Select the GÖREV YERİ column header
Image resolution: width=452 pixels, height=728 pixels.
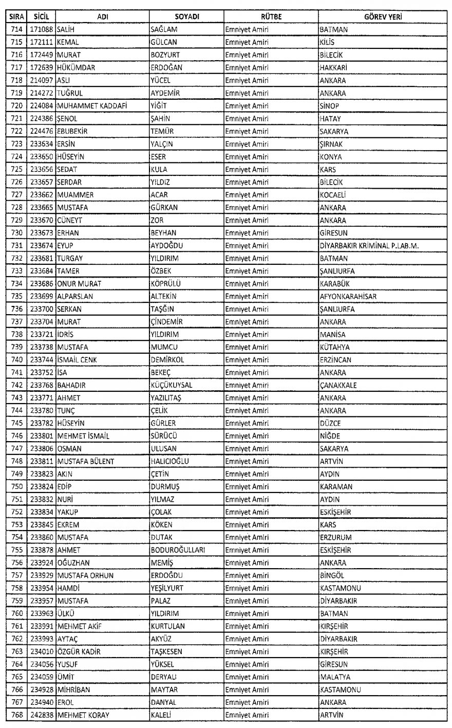click(383, 17)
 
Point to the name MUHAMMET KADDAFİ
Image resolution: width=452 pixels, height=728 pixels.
click(88, 106)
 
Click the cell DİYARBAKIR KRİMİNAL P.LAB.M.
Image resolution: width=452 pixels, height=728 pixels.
click(369, 246)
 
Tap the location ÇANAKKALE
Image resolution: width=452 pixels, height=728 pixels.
click(338, 385)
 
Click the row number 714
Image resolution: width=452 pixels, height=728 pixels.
click(16, 30)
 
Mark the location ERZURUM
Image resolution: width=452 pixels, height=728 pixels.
click(335, 537)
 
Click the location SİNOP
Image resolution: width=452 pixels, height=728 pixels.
click(329, 106)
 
